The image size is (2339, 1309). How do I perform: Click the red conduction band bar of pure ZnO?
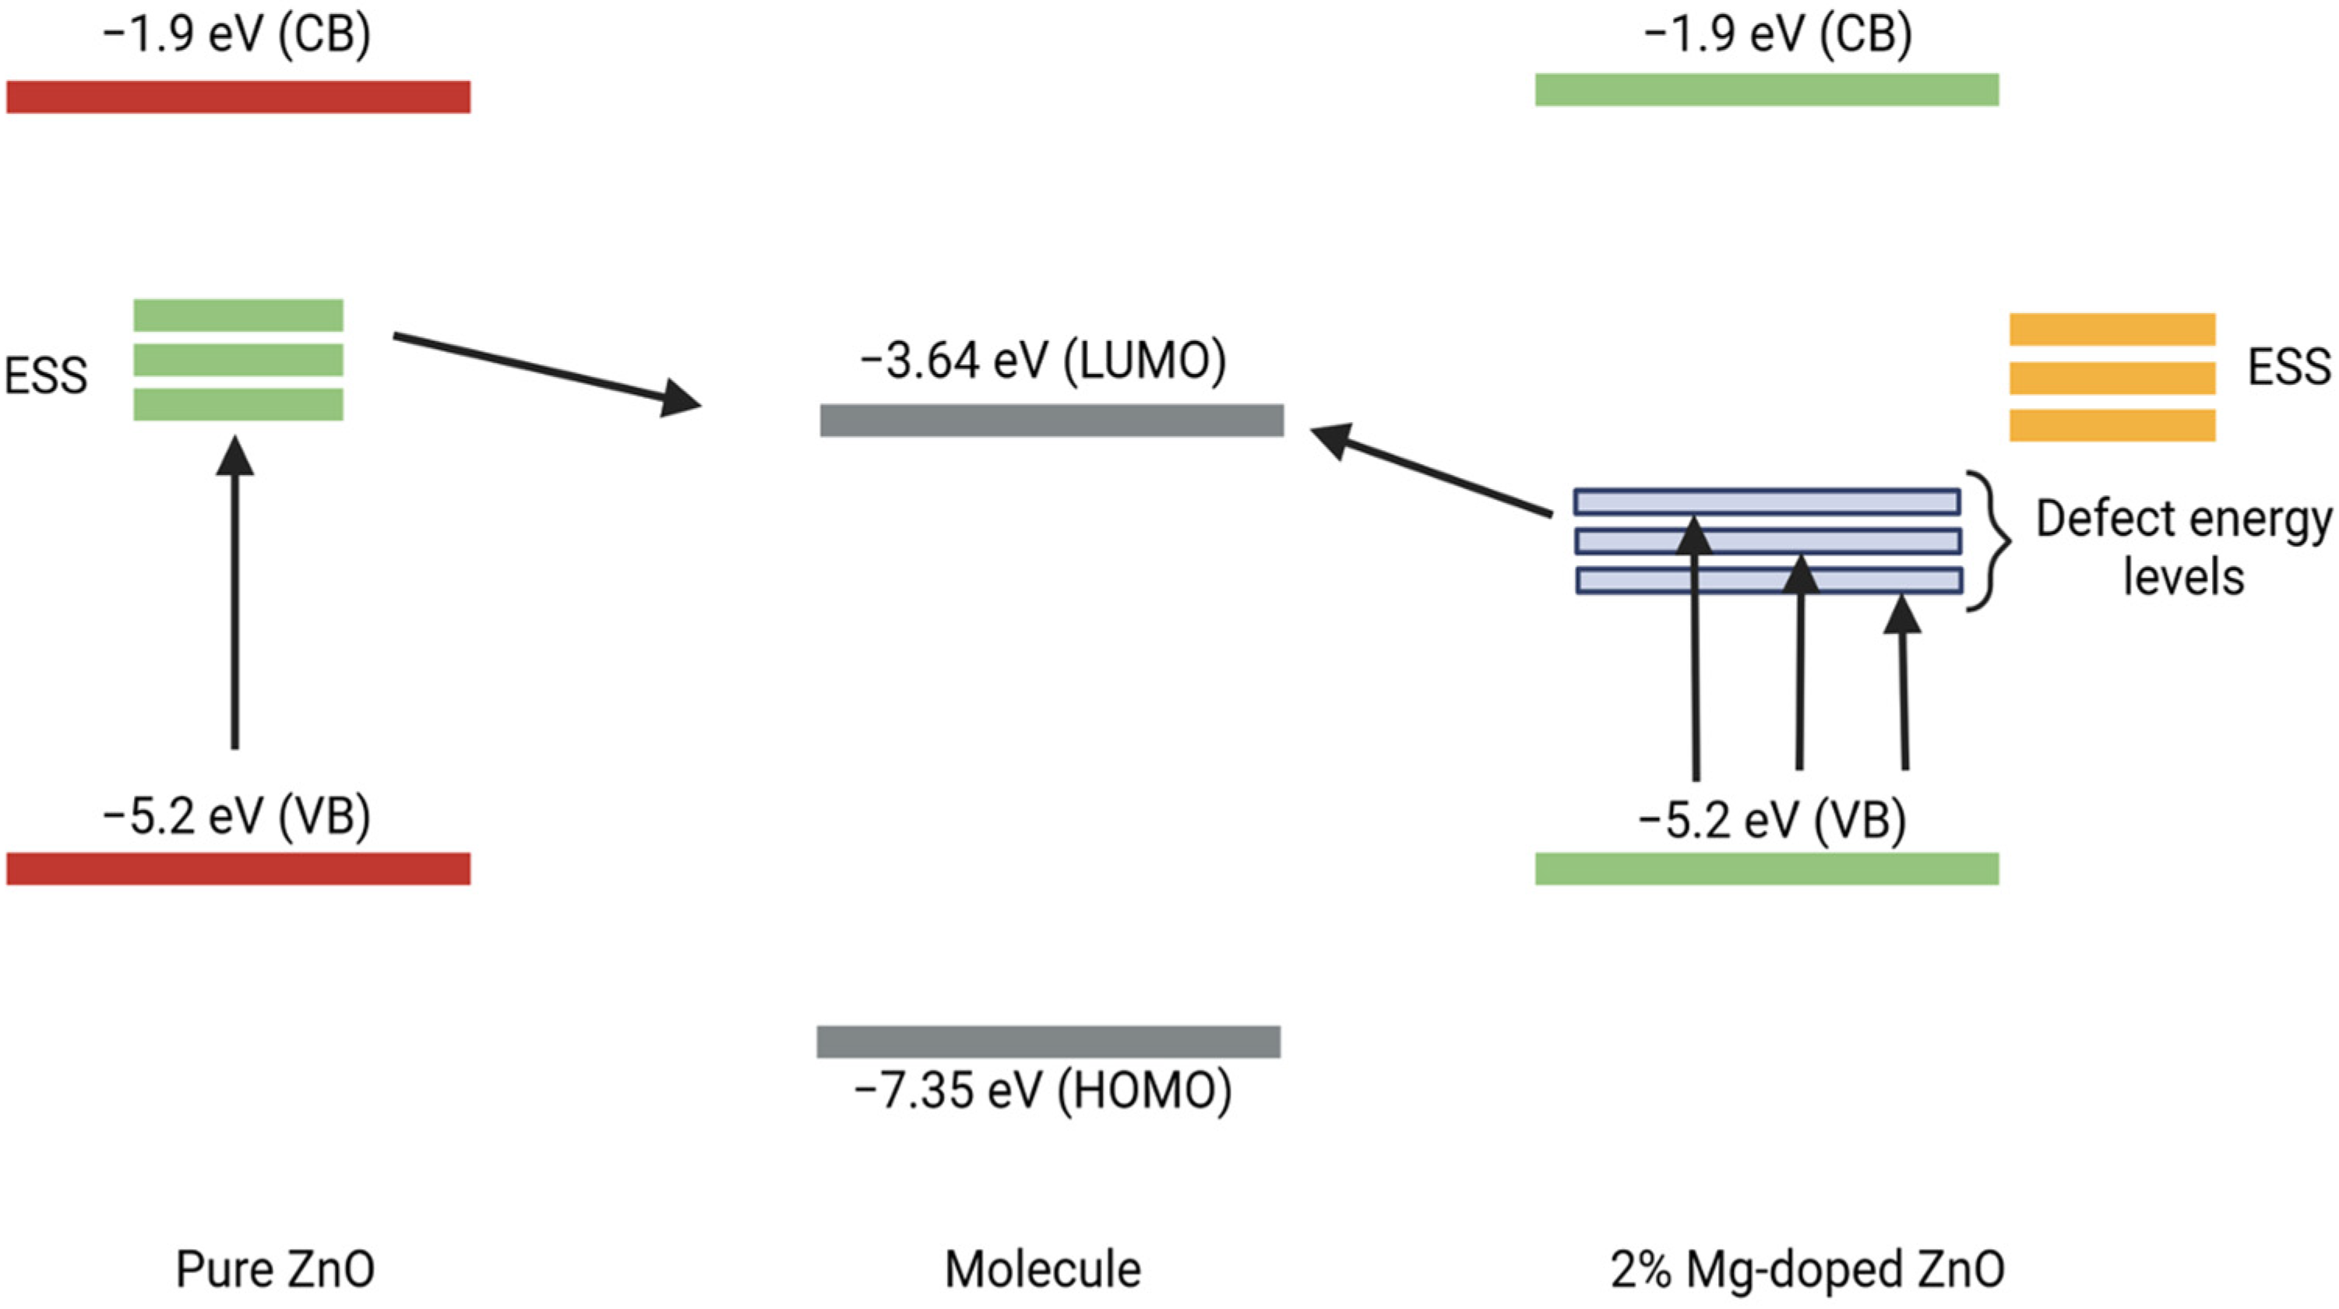tap(238, 97)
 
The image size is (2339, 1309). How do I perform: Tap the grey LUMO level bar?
tap(1051, 420)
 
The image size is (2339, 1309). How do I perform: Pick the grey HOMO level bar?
tap(1048, 1041)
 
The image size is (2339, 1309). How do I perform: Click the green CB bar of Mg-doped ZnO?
tap(1766, 90)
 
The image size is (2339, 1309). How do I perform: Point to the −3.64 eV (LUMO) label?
tap(1042, 361)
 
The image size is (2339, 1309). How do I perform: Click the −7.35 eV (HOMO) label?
tap(1042, 1090)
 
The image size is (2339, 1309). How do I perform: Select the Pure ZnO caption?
tap(274, 1269)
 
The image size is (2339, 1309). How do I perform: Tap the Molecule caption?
tap(1042, 1269)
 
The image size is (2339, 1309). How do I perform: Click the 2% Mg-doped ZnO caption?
tap(1807, 1269)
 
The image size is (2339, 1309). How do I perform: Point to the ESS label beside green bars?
tap(45, 375)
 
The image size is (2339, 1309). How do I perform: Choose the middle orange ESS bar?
tap(2112, 378)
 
